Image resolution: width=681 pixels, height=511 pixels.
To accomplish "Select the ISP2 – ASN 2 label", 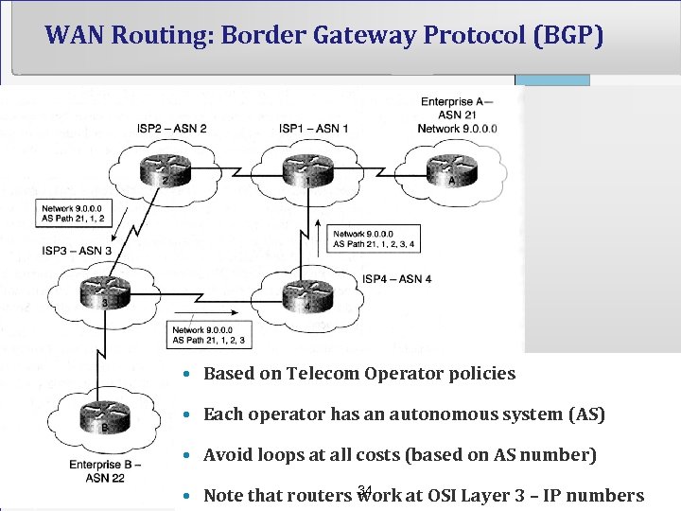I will click(171, 128).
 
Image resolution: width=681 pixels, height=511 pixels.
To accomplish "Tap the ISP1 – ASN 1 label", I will click(313, 128).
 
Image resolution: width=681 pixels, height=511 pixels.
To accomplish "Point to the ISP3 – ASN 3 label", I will click(77, 251).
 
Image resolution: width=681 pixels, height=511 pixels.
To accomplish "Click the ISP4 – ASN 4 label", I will click(397, 279).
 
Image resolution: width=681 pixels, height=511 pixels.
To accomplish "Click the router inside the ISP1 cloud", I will click(306, 170).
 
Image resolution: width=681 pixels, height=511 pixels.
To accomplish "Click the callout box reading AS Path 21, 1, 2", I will click(74, 213).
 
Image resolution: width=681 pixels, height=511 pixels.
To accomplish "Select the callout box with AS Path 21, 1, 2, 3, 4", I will click(375, 238).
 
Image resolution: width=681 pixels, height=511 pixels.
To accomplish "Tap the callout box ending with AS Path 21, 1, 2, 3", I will click(210, 335).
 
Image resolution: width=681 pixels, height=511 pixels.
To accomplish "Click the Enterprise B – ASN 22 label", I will click(106, 470).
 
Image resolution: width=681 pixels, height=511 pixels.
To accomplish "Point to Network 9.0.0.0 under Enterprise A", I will click(458, 128).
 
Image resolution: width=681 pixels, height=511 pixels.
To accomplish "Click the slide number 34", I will click(365, 489).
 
